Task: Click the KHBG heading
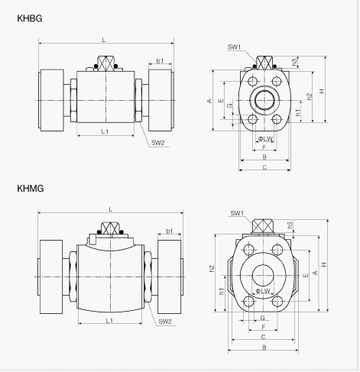pos(30,18)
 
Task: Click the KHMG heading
pos(31,189)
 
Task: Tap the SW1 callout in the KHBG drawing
pos(234,47)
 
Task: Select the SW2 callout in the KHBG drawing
pos(158,143)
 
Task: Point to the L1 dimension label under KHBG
pos(105,131)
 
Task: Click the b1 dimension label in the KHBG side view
pos(160,61)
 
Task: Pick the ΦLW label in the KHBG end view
pos(265,139)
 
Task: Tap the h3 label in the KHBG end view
pos(294,62)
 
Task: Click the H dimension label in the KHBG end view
pos(322,91)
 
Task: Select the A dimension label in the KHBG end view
pos(209,101)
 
